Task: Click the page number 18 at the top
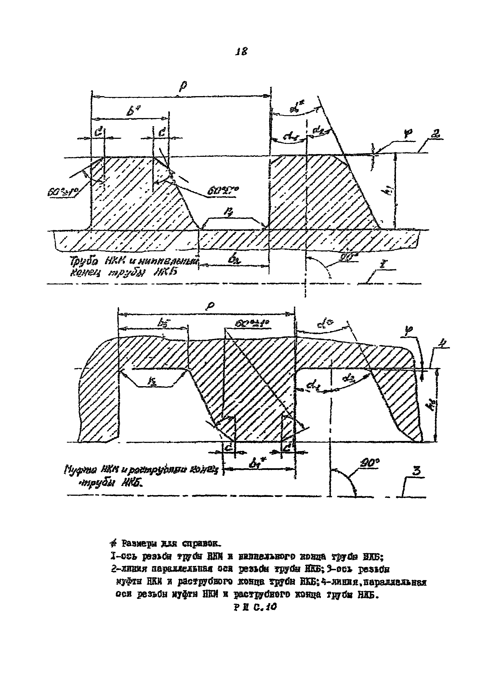242,52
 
